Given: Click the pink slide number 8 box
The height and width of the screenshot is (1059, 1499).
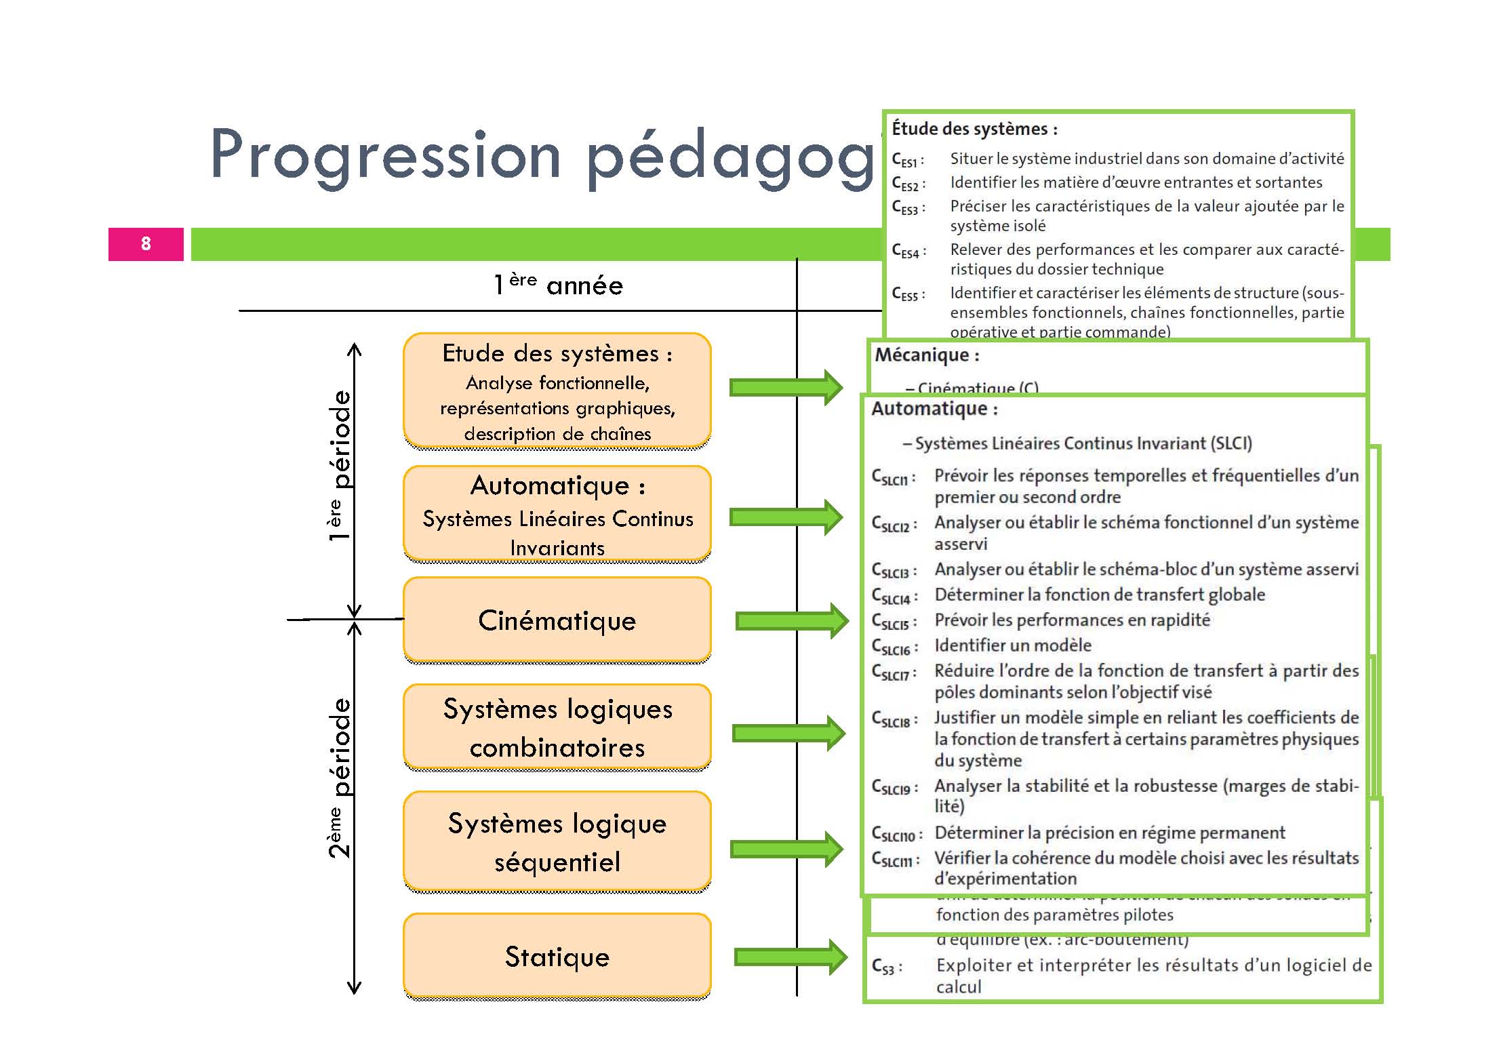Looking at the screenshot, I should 146,244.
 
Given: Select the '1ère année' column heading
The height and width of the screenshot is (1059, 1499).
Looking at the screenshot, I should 557,285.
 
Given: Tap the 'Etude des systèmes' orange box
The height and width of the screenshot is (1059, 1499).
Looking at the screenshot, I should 557,391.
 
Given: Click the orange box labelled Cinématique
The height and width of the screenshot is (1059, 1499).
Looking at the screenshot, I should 557,620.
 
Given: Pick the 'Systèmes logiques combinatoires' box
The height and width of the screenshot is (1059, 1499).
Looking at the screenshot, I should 557,727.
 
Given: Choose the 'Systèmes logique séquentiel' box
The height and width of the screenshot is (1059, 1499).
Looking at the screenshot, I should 557,841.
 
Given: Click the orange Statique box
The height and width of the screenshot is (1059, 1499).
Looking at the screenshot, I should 557,956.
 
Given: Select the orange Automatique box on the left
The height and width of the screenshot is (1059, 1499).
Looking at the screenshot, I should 557,514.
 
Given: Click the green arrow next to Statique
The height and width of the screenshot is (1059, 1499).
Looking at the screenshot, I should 791,957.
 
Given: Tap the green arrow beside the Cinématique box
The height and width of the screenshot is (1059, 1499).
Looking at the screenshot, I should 792,620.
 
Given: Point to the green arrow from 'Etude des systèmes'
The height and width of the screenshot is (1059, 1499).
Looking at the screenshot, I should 786,387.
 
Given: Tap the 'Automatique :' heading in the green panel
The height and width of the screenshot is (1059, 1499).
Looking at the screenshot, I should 934,409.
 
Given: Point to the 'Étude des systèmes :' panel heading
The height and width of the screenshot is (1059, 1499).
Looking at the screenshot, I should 974,129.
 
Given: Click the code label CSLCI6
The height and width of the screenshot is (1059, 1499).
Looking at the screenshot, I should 894,647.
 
